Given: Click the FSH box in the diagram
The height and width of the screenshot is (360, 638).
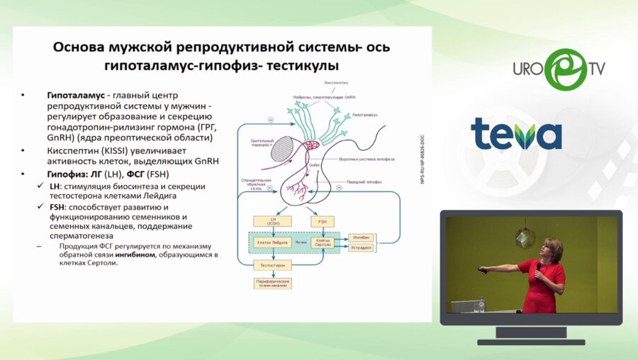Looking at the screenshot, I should pos(323,222).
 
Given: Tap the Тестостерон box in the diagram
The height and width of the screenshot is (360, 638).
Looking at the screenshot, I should pos(273,264).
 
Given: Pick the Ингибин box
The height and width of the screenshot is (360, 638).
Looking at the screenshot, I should pos(360,237).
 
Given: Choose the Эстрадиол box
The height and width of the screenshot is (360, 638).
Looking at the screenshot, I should pos(360,249).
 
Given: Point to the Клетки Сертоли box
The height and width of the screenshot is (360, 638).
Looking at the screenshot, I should pos(323,242).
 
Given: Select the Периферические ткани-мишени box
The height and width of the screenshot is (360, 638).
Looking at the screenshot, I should pos(273,283).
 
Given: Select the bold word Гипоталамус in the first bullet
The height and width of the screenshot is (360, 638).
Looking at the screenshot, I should pos(74,95).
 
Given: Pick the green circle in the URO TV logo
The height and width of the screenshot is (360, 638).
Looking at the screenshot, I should pos(566,69).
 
